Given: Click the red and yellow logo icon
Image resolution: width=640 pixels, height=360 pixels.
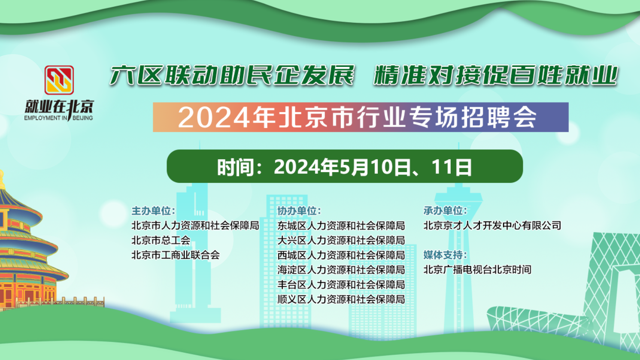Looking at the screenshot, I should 59,80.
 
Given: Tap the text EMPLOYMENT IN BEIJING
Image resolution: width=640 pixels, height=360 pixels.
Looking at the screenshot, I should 58,118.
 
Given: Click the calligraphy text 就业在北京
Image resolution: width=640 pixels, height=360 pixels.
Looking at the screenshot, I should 59,107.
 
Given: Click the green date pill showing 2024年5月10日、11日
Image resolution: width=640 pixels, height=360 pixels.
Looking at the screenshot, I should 344,166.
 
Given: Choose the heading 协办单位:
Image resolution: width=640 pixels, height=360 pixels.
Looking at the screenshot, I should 299,211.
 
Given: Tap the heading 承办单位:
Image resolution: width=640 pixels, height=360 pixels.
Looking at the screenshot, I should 445,211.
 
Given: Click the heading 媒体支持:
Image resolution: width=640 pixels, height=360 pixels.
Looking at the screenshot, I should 445,255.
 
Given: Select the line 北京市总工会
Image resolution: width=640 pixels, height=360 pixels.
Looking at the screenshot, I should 161,240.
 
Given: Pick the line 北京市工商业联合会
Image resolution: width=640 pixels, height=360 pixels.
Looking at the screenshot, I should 176,255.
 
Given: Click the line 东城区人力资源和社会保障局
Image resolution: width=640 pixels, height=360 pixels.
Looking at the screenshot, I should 341,226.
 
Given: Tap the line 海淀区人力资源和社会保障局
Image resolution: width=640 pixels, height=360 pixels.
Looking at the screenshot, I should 341,270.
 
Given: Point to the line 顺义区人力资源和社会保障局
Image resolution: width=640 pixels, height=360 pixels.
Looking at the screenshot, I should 341,299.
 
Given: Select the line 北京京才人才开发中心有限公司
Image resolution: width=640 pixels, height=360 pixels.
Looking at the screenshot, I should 492,226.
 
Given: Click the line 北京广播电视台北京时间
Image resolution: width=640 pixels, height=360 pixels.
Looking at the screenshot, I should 477,270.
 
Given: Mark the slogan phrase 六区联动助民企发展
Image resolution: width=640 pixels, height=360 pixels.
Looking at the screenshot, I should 232,76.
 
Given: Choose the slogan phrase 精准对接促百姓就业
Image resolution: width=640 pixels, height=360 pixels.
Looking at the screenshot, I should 495,76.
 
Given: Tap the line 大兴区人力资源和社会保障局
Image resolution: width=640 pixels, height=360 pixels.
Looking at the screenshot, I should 341,240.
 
